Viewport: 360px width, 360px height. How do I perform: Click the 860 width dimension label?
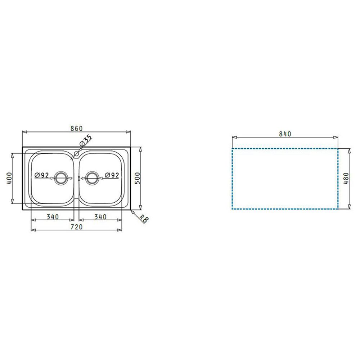click(76, 129)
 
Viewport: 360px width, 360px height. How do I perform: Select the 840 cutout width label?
click(285, 134)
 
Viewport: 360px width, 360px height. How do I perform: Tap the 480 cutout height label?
click(346, 179)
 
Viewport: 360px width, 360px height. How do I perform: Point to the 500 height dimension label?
click(137, 178)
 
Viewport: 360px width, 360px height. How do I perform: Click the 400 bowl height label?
click(9, 178)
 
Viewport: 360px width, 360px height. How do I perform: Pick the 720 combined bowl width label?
click(76, 227)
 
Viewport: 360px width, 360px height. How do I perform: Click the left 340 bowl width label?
click(53, 217)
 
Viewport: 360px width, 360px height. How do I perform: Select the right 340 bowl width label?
click(100, 217)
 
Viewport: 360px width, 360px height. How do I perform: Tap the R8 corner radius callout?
click(144, 219)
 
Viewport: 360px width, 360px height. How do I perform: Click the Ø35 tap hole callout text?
click(85, 140)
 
